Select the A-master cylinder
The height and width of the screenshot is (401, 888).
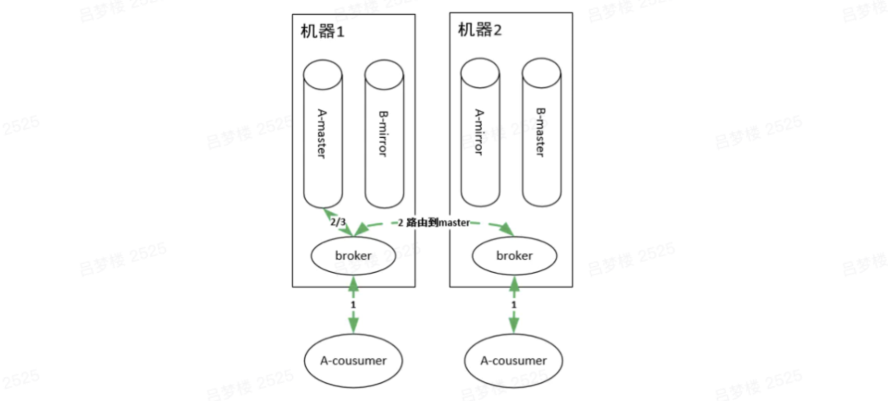(323, 136)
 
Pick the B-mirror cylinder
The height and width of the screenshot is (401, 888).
(384, 136)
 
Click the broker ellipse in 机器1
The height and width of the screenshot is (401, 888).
(354, 256)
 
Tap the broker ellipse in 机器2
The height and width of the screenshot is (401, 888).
(514, 256)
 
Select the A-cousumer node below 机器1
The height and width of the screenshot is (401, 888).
(354, 361)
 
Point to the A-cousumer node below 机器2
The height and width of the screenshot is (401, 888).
(514, 361)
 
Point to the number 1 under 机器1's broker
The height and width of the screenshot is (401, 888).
(354, 304)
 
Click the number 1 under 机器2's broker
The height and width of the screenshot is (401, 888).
(514, 304)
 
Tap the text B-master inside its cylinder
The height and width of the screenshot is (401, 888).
(541, 131)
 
